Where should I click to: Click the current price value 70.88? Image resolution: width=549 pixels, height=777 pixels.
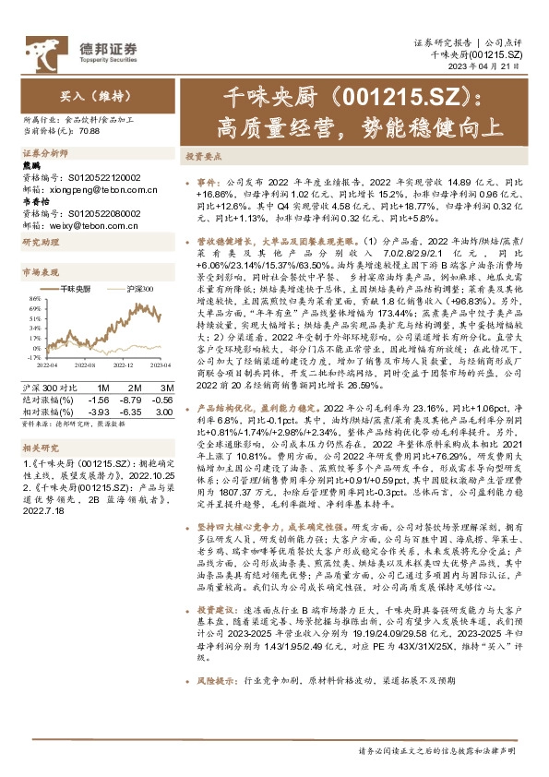90,130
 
